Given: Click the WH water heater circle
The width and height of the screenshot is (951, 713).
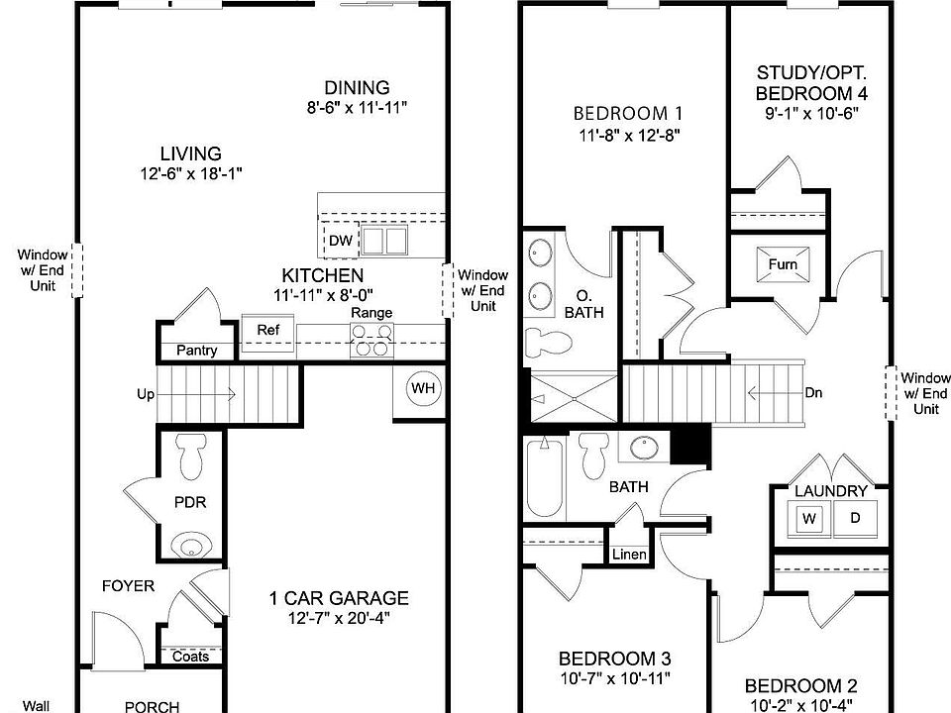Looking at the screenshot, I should click(423, 388).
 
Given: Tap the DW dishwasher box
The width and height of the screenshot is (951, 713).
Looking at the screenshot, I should click(340, 241).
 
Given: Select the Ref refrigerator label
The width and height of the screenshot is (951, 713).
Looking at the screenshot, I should click(267, 330).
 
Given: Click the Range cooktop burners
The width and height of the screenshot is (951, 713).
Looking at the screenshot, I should click(371, 346).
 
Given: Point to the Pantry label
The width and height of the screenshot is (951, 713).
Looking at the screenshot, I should click(196, 351).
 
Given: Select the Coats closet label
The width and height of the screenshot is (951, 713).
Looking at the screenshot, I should click(190, 657).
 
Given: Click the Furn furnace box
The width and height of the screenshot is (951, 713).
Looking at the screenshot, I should click(783, 265).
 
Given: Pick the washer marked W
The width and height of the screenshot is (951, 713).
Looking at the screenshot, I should click(809, 518).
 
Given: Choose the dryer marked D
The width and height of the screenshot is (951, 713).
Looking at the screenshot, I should click(854, 518).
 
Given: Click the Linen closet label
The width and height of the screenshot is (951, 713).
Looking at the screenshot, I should click(631, 555).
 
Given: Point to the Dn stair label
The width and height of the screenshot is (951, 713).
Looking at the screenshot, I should click(813, 392).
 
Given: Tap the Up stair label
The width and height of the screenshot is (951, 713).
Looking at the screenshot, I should click(146, 394).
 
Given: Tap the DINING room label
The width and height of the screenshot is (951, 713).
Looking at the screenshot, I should click(357, 88).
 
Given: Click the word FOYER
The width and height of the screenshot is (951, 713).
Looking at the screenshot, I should click(129, 586).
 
